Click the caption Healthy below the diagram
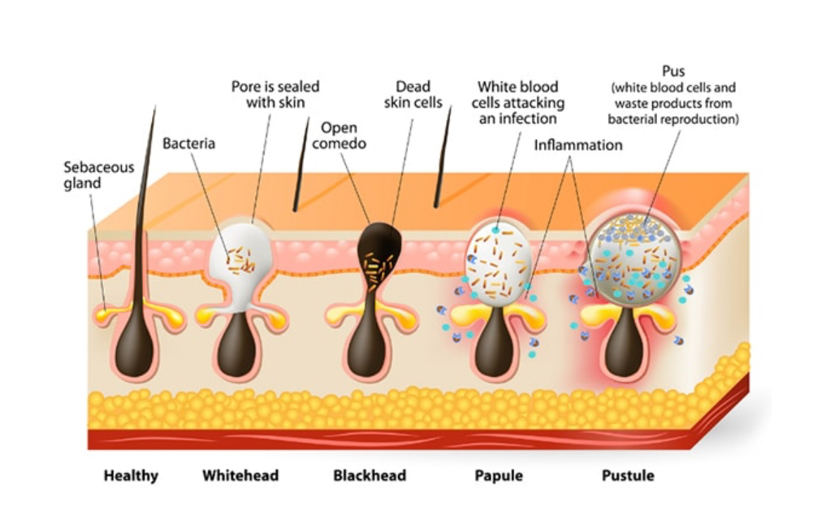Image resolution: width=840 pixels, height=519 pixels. [131, 475]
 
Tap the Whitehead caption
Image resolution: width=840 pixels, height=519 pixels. [240, 475]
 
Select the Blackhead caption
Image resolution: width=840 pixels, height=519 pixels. [369, 475]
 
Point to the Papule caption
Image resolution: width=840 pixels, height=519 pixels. [498, 475]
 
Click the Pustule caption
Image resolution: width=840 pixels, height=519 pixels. [628, 475]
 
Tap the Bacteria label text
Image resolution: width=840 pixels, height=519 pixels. [189, 144]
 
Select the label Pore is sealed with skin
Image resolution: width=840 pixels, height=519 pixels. [275, 94]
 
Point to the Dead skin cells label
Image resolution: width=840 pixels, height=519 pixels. [413, 94]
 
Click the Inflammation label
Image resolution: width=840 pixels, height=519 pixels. [578, 145]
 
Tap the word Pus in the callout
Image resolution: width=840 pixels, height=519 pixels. [673, 72]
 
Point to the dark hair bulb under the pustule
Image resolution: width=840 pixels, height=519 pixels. [623, 349]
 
